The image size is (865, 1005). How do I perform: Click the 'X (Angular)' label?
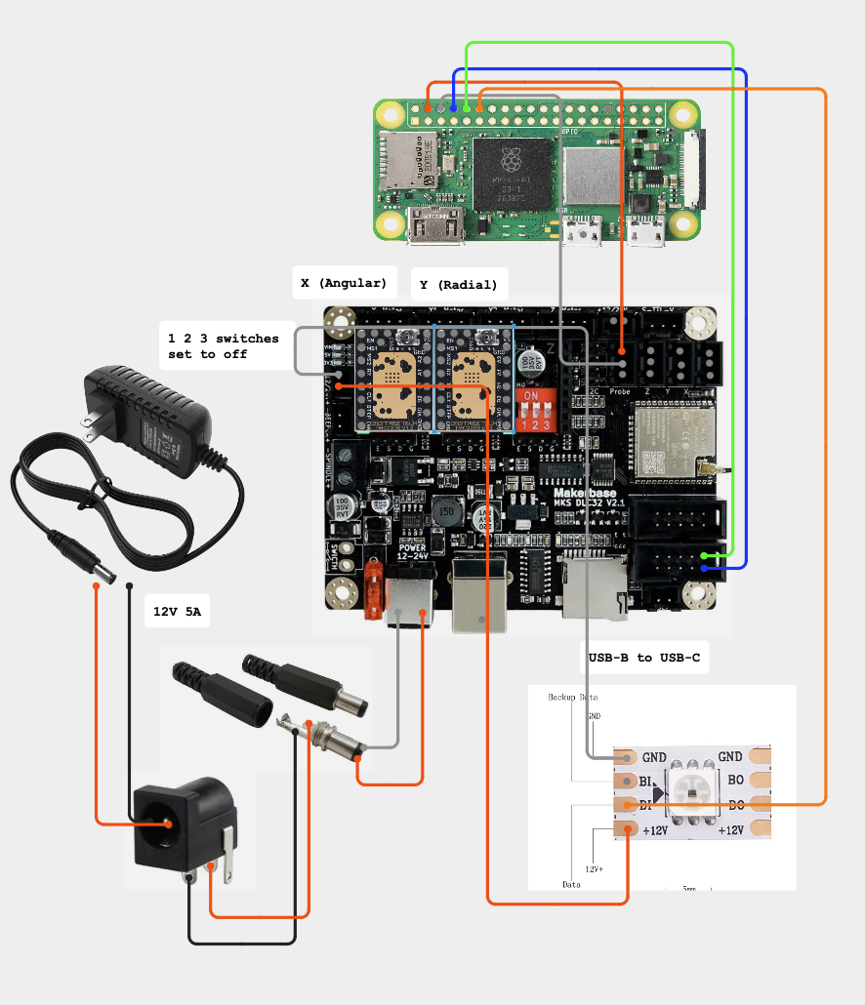click(345, 283)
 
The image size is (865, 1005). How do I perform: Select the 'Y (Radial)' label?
click(458, 285)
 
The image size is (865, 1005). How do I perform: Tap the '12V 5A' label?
click(177, 612)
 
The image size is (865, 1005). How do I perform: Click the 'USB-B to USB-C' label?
click(643, 658)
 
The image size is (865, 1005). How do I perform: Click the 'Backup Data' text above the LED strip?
click(572, 698)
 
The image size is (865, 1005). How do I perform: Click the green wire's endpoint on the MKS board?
click(706, 555)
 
